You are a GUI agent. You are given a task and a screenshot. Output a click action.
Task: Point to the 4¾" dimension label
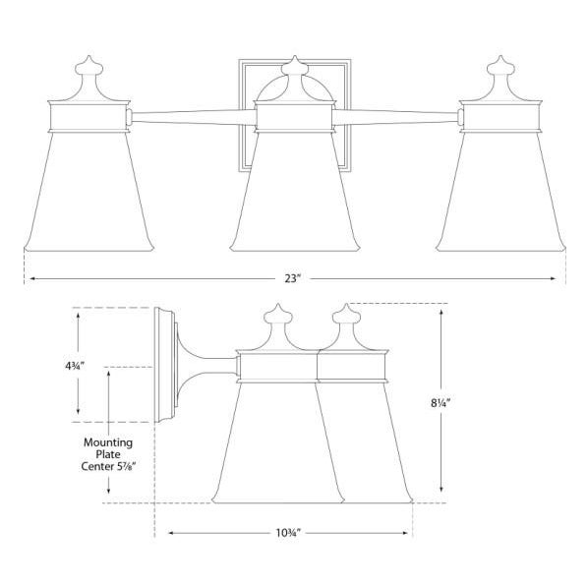click(75, 365)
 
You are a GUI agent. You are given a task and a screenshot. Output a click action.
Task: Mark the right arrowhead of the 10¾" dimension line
click(408, 533)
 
